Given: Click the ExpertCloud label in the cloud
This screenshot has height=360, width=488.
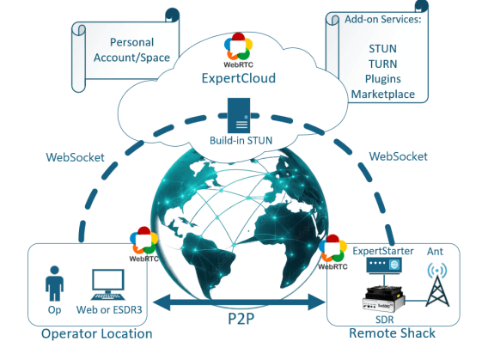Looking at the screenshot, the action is coord(238,78).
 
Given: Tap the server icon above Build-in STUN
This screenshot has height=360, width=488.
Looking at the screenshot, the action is coord(239,115).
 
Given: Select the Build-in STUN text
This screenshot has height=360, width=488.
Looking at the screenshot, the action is coord(241,140).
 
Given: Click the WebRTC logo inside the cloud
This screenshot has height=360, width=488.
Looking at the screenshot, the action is coord(238,50).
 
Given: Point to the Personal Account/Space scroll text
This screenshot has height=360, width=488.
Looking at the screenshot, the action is coord(131,50).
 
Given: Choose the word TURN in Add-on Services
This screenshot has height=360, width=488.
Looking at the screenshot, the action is coord(383,64).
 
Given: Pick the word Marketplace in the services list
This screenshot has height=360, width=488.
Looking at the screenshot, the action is coord(383,94).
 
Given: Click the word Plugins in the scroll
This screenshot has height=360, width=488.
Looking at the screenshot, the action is coord(383,79).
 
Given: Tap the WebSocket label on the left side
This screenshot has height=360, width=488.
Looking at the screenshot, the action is coord(75,157).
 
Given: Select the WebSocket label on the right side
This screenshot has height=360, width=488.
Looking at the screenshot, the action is coord(398,156).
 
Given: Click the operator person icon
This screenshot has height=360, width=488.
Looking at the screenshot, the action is coord(54,284).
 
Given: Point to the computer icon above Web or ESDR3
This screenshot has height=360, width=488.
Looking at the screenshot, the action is coord(108,284).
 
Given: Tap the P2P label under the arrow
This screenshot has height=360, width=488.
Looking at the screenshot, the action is coord(241,319).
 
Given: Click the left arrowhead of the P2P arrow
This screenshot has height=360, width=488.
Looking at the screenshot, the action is coord(162,302).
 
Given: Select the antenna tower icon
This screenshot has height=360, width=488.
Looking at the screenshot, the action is coord(437,284).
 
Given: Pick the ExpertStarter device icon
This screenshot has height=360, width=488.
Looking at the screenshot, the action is coord(384,265).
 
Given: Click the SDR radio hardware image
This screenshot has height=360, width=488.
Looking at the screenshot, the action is coord(384,299).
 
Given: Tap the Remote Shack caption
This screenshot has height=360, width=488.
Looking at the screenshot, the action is coord(392,333).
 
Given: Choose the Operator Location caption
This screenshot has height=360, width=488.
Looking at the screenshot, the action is coord(97,334).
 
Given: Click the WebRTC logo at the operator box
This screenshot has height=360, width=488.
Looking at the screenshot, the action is coord(144,244).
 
